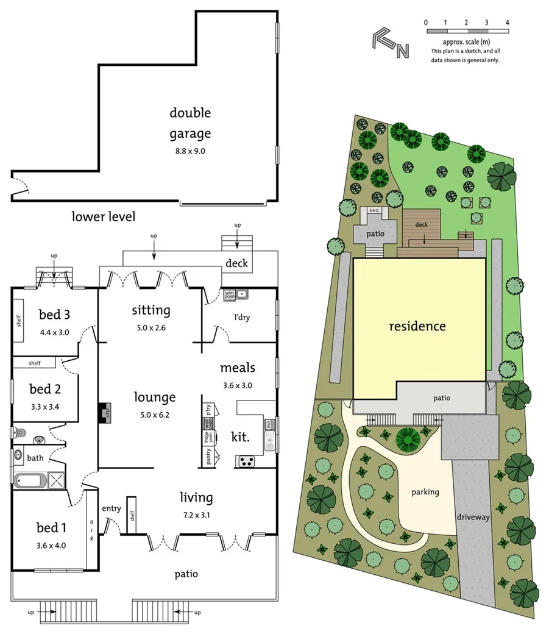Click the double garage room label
pos(190,123)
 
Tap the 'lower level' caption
pos(103,216)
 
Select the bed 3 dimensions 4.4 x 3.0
pos(55,333)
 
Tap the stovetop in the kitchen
pos(246,461)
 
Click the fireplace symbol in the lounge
pos(104,413)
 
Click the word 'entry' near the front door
pos(112,509)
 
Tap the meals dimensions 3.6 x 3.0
pos(237,385)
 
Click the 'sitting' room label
pos(151,310)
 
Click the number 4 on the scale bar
pos(507,22)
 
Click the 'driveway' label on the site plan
pos(473,517)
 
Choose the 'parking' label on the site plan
pos(425,492)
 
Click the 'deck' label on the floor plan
pos(237,263)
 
